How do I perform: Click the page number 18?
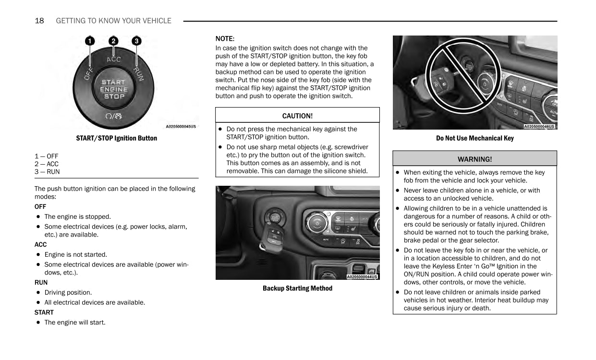[x=39, y=21]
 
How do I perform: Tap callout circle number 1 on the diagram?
[x=90, y=41]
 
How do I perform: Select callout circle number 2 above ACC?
[x=113, y=41]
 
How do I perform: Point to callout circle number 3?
[x=137, y=41]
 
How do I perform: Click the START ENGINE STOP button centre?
[x=114, y=89]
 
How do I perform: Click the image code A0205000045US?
[x=181, y=127]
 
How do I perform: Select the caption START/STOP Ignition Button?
[x=116, y=138]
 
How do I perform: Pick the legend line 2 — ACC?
[x=47, y=164]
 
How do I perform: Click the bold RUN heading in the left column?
[x=41, y=282]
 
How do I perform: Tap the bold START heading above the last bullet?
[x=44, y=312]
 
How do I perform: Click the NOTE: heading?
[x=225, y=38]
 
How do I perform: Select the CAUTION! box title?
[x=297, y=116]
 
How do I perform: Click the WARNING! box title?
[x=474, y=159]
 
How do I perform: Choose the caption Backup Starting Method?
[x=297, y=288]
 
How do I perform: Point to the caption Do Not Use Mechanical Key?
[x=474, y=138]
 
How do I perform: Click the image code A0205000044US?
[x=362, y=277]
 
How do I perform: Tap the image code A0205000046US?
[x=539, y=127]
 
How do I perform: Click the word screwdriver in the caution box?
[x=350, y=147]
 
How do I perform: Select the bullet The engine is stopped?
[x=77, y=216]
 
